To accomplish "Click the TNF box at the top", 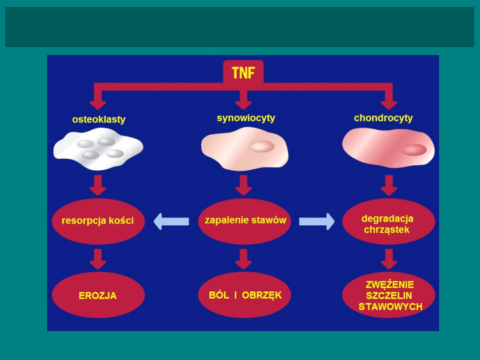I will pos(243,72).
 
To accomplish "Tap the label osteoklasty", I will pos(99,120).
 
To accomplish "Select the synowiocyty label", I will pos(246,118).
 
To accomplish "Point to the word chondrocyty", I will pos(383,118).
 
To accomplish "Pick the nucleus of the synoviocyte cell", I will pos(261,147).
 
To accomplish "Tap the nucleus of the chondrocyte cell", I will pos(414,149).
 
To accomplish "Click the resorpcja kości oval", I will pos(98,221).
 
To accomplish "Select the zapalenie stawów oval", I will pos(245,220).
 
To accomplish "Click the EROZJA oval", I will pos(98,295).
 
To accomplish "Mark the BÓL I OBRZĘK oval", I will pos(245,295).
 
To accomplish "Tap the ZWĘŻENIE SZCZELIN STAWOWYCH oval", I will pos(389,295).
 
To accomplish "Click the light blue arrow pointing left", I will pos(171,221).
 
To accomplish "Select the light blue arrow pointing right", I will pos(317,221).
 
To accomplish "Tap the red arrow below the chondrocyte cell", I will pos(389,185).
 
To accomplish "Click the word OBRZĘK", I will pos(262,295).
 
